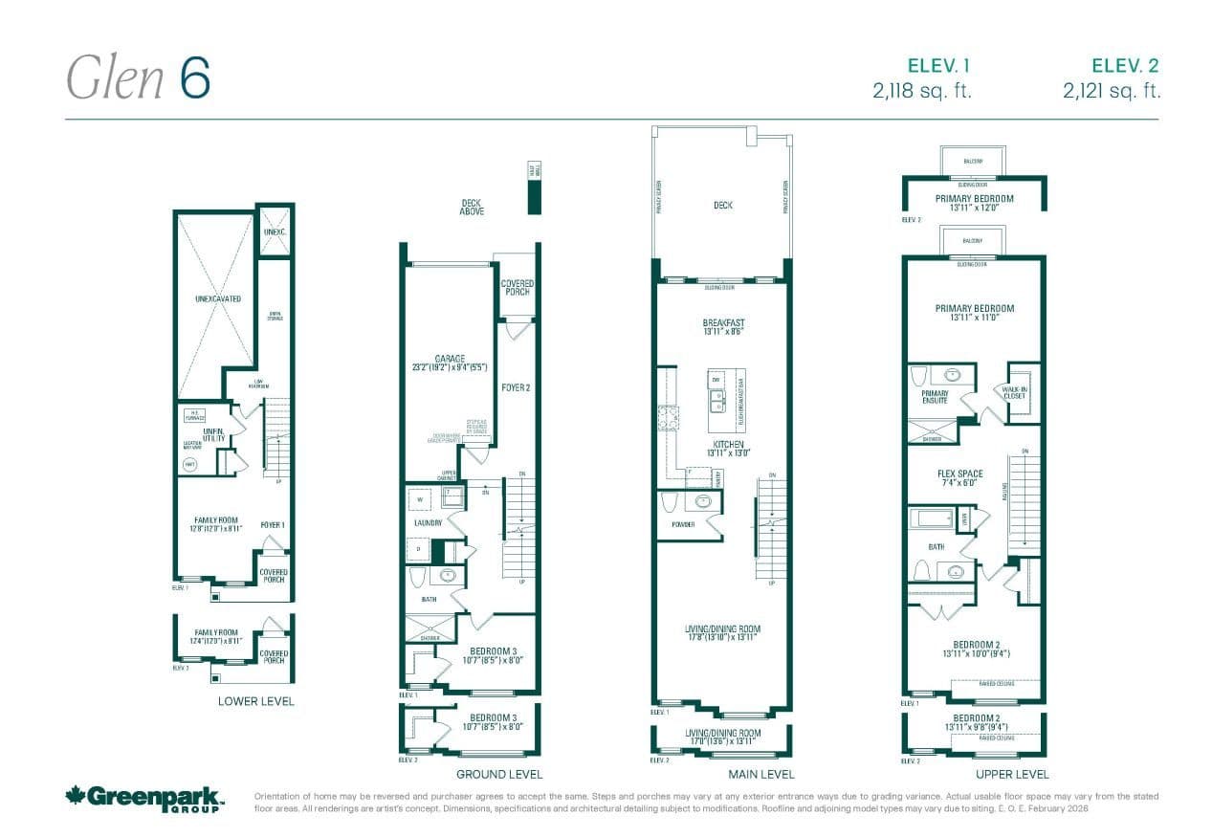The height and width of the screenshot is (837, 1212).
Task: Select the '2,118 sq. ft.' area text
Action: point(921,91)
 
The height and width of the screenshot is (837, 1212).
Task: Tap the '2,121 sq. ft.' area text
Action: point(1112,91)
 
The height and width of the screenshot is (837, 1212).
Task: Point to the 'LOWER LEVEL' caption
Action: point(255,701)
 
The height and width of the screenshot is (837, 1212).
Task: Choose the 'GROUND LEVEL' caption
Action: point(498,774)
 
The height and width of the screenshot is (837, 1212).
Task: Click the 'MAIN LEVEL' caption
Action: point(760,774)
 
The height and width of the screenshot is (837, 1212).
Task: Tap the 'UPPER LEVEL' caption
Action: point(1012,774)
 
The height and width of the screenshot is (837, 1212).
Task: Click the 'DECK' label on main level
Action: point(722,205)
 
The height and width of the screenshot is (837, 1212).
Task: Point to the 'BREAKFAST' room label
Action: point(722,323)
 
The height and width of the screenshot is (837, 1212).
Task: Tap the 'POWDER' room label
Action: point(683,524)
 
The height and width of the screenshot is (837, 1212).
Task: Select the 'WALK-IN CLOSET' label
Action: point(1014,393)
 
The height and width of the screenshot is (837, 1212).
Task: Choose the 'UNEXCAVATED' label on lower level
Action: point(217,299)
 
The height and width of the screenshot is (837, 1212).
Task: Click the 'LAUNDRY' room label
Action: point(428,523)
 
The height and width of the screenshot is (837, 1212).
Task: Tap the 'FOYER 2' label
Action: point(515,387)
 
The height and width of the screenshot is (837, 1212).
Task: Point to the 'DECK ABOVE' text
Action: point(471,208)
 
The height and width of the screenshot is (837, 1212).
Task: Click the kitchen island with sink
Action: point(716,393)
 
